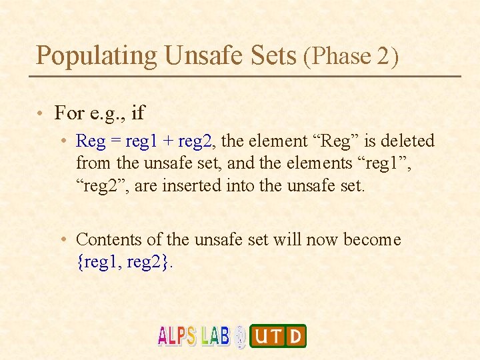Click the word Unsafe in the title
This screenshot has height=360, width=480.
(200, 55)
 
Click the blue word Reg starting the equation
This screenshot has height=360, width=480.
(91, 141)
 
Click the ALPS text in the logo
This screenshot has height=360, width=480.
(177, 335)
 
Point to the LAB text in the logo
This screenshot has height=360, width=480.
(215, 335)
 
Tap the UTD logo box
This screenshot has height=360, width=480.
(277, 336)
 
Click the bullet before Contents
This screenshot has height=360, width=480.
(61, 239)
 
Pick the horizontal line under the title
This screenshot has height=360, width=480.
(245, 76)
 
